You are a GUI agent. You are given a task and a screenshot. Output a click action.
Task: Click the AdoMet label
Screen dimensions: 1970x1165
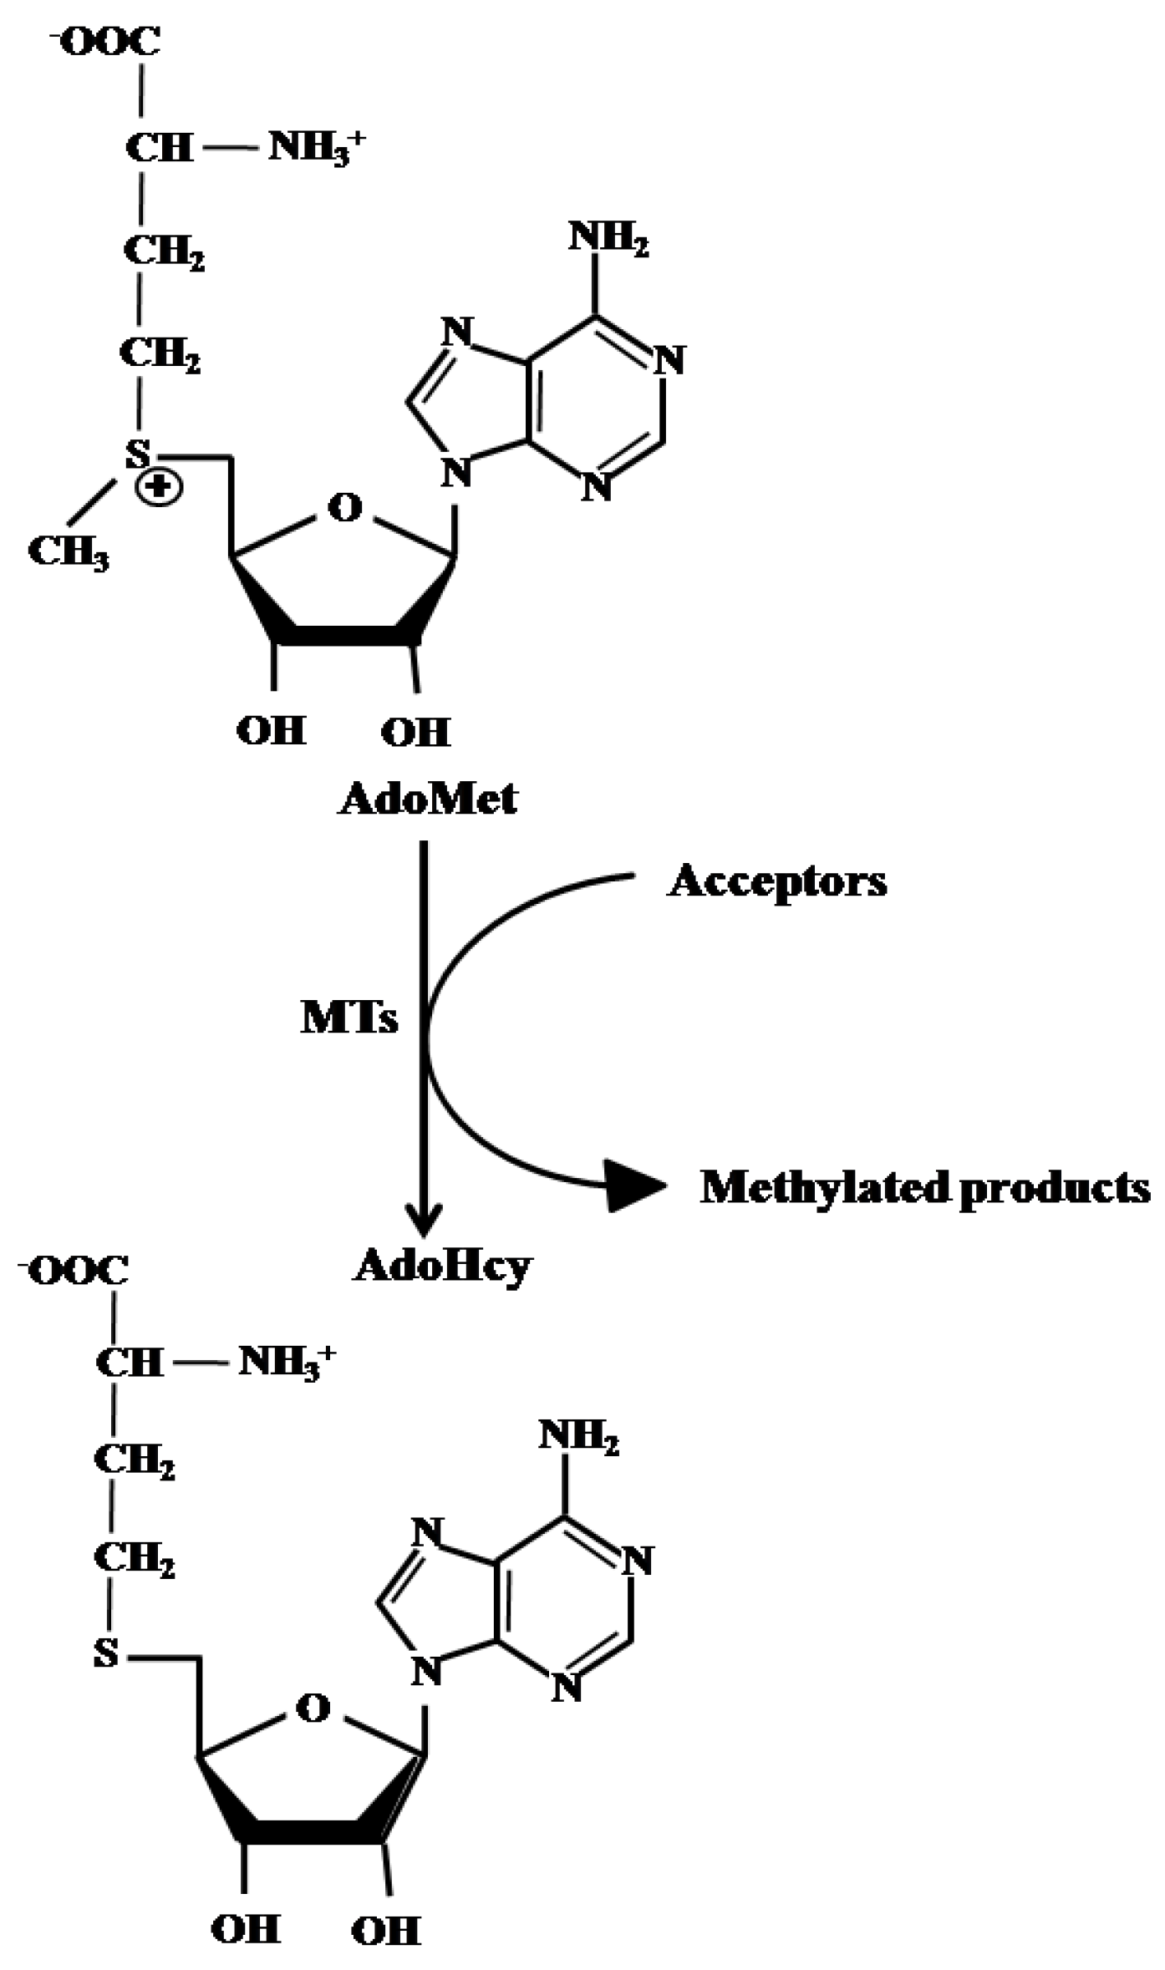[x=428, y=800]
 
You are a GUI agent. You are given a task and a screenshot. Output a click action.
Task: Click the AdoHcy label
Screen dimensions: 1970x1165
[x=443, y=1267]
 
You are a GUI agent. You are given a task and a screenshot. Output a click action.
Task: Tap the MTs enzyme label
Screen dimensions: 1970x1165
[x=349, y=1018]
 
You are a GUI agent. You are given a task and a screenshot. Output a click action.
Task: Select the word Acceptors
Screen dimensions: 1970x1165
[x=777, y=882]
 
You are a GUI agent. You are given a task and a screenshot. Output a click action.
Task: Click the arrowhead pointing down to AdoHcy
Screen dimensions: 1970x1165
[x=424, y=1221]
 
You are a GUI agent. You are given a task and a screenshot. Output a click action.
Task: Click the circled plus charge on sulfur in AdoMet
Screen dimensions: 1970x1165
[x=159, y=487]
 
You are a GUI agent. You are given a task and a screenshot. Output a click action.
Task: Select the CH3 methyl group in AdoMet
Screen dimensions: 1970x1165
[x=69, y=552]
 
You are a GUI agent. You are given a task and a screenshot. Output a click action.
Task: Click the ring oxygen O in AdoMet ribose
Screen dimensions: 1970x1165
[x=345, y=507]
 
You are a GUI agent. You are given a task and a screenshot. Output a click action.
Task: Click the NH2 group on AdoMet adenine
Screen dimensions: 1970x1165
[x=608, y=238]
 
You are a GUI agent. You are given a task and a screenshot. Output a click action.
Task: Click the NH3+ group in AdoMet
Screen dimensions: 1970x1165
[x=316, y=149]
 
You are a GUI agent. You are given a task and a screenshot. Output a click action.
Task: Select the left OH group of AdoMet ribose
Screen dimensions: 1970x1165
[x=272, y=731]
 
